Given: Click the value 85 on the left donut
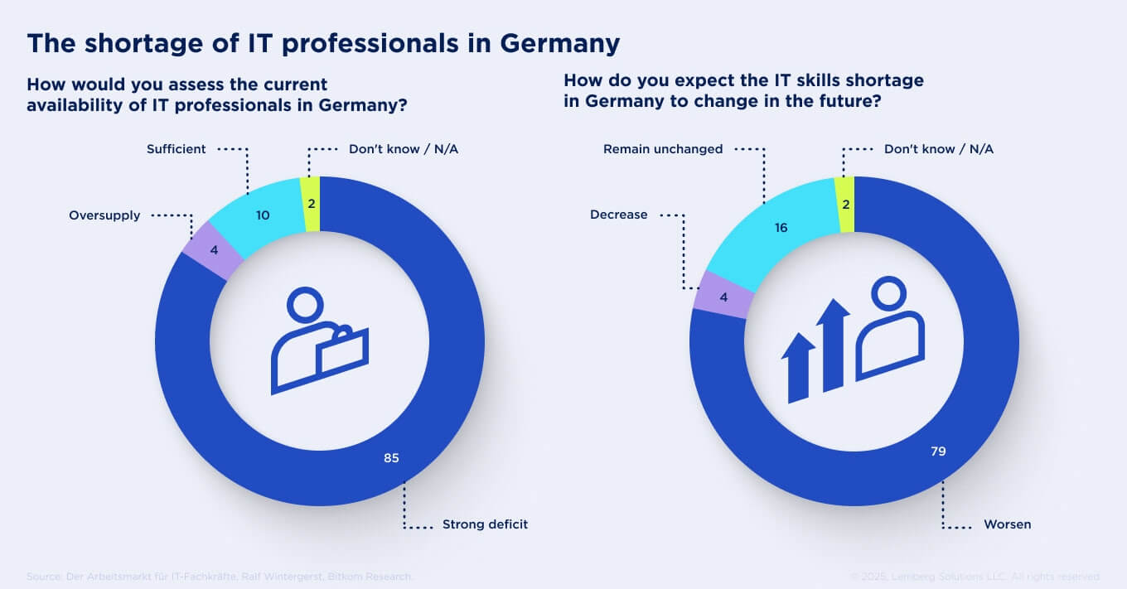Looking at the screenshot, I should (x=391, y=457).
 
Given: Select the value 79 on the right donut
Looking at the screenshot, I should (x=937, y=451).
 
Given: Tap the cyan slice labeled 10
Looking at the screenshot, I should (x=263, y=215).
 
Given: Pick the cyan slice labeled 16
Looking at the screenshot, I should (x=781, y=227).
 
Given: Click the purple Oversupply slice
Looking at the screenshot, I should (x=214, y=249).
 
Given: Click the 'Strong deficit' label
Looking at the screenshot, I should (x=485, y=524).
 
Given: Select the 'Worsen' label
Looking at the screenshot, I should (x=1007, y=524).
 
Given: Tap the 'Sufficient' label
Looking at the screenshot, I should (x=176, y=149).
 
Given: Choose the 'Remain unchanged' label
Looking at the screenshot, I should (x=663, y=149).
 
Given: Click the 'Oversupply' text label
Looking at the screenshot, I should (x=104, y=215).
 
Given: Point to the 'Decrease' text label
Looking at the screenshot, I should (x=618, y=215).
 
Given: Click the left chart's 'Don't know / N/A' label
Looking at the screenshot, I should (x=404, y=149).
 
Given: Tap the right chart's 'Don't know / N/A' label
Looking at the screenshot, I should (x=938, y=149).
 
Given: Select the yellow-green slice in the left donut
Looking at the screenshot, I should (x=311, y=204).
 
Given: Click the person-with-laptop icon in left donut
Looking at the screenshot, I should (x=319, y=341).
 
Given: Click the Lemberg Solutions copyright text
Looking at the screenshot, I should (x=975, y=577).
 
